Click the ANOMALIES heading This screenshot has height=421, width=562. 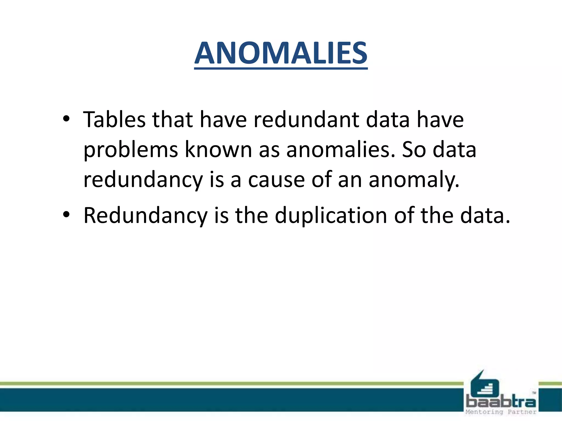point(281,53)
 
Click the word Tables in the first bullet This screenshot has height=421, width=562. point(114,120)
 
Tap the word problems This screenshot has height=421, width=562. point(131,150)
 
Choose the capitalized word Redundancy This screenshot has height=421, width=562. point(145,216)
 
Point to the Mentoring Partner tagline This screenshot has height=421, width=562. point(501,412)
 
